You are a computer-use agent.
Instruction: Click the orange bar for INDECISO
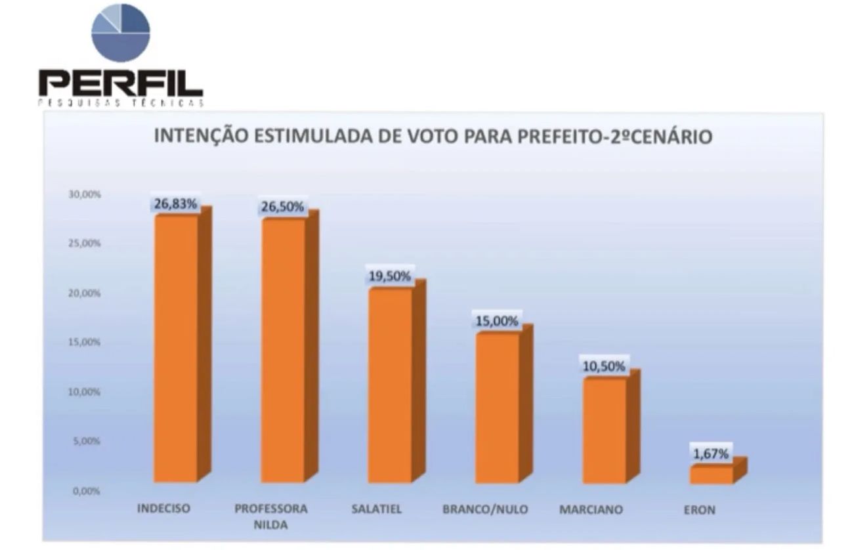point(175,348)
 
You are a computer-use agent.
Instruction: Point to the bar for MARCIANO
point(604,430)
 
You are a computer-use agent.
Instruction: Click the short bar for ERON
point(711,475)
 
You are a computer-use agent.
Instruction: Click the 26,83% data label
point(175,203)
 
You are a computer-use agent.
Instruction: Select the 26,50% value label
point(283,207)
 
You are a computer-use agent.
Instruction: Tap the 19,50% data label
point(390,276)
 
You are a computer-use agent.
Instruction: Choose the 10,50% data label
point(604,366)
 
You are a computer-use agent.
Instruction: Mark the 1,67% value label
point(711,454)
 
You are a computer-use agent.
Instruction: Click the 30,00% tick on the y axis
point(83,194)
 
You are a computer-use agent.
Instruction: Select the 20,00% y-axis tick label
point(83,293)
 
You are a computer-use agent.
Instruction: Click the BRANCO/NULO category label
point(485,509)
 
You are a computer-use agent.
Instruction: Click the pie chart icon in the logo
point(121,33)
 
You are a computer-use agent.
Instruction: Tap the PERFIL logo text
point(121,84)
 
